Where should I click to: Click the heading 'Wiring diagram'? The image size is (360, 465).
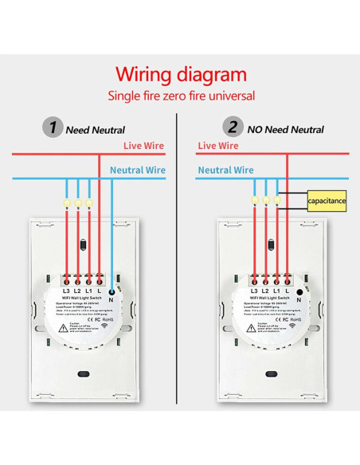(x=181, y=75)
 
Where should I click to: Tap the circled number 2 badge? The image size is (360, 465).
(x=233, y=127)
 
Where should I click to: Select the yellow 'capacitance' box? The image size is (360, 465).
(x=327, y=201)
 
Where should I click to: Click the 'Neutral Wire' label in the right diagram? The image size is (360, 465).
(x=226, y=170)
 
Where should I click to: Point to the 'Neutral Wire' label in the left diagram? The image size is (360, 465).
(x=137, y=170)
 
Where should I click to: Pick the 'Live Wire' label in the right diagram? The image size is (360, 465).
(x=217, y=146)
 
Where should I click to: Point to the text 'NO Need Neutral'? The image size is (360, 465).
(x=284, y=128)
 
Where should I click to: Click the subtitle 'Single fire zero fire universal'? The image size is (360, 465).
(x=181, y=96)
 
